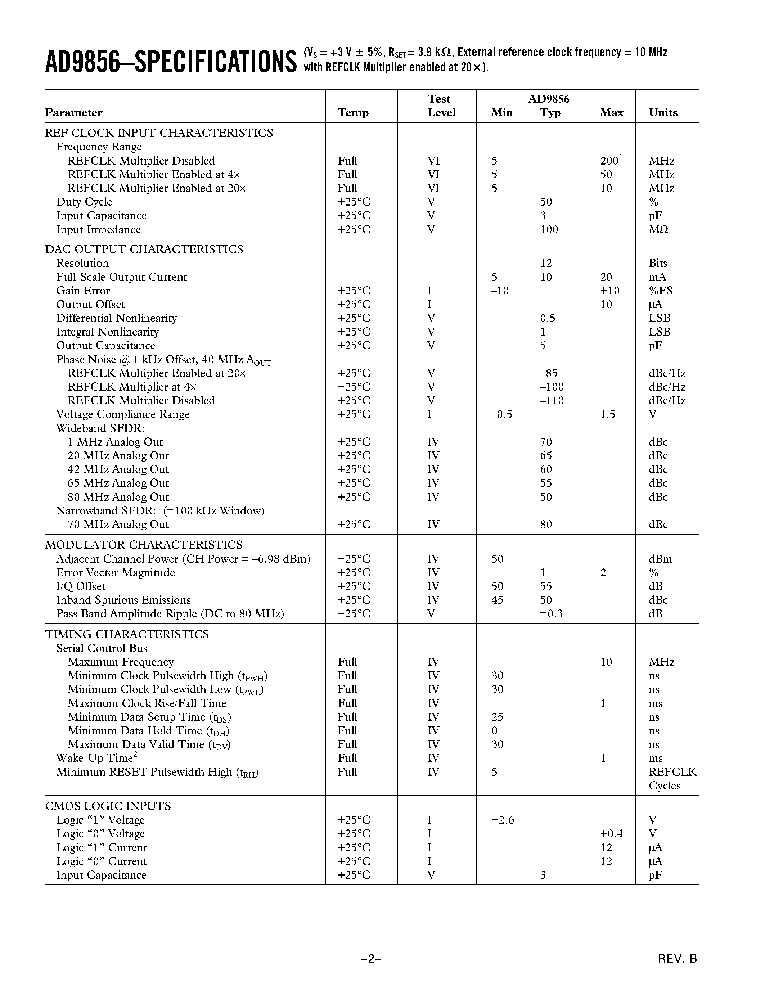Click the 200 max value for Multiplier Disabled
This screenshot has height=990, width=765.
(609, 161)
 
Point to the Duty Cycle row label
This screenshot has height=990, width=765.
(84, 202)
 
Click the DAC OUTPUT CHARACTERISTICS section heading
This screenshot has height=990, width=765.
(144, 249)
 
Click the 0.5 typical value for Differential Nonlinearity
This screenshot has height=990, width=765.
(547, 318)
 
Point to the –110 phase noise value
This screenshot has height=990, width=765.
(552, 401)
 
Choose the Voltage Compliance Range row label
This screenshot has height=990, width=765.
(123, 414)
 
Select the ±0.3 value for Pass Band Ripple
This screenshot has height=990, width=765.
(551, 614)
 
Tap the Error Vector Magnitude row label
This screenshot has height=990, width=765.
(115, 572)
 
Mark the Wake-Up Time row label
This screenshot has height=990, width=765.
(96, 758)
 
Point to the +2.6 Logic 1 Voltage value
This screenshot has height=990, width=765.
(502, 820)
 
